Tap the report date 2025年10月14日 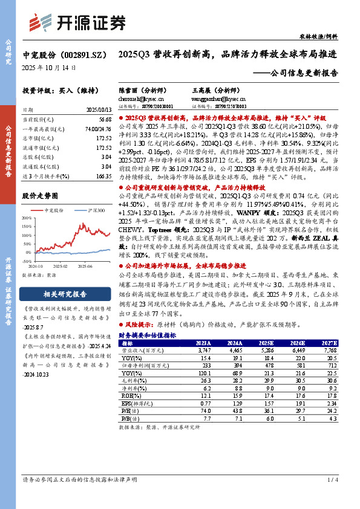point(50,68)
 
